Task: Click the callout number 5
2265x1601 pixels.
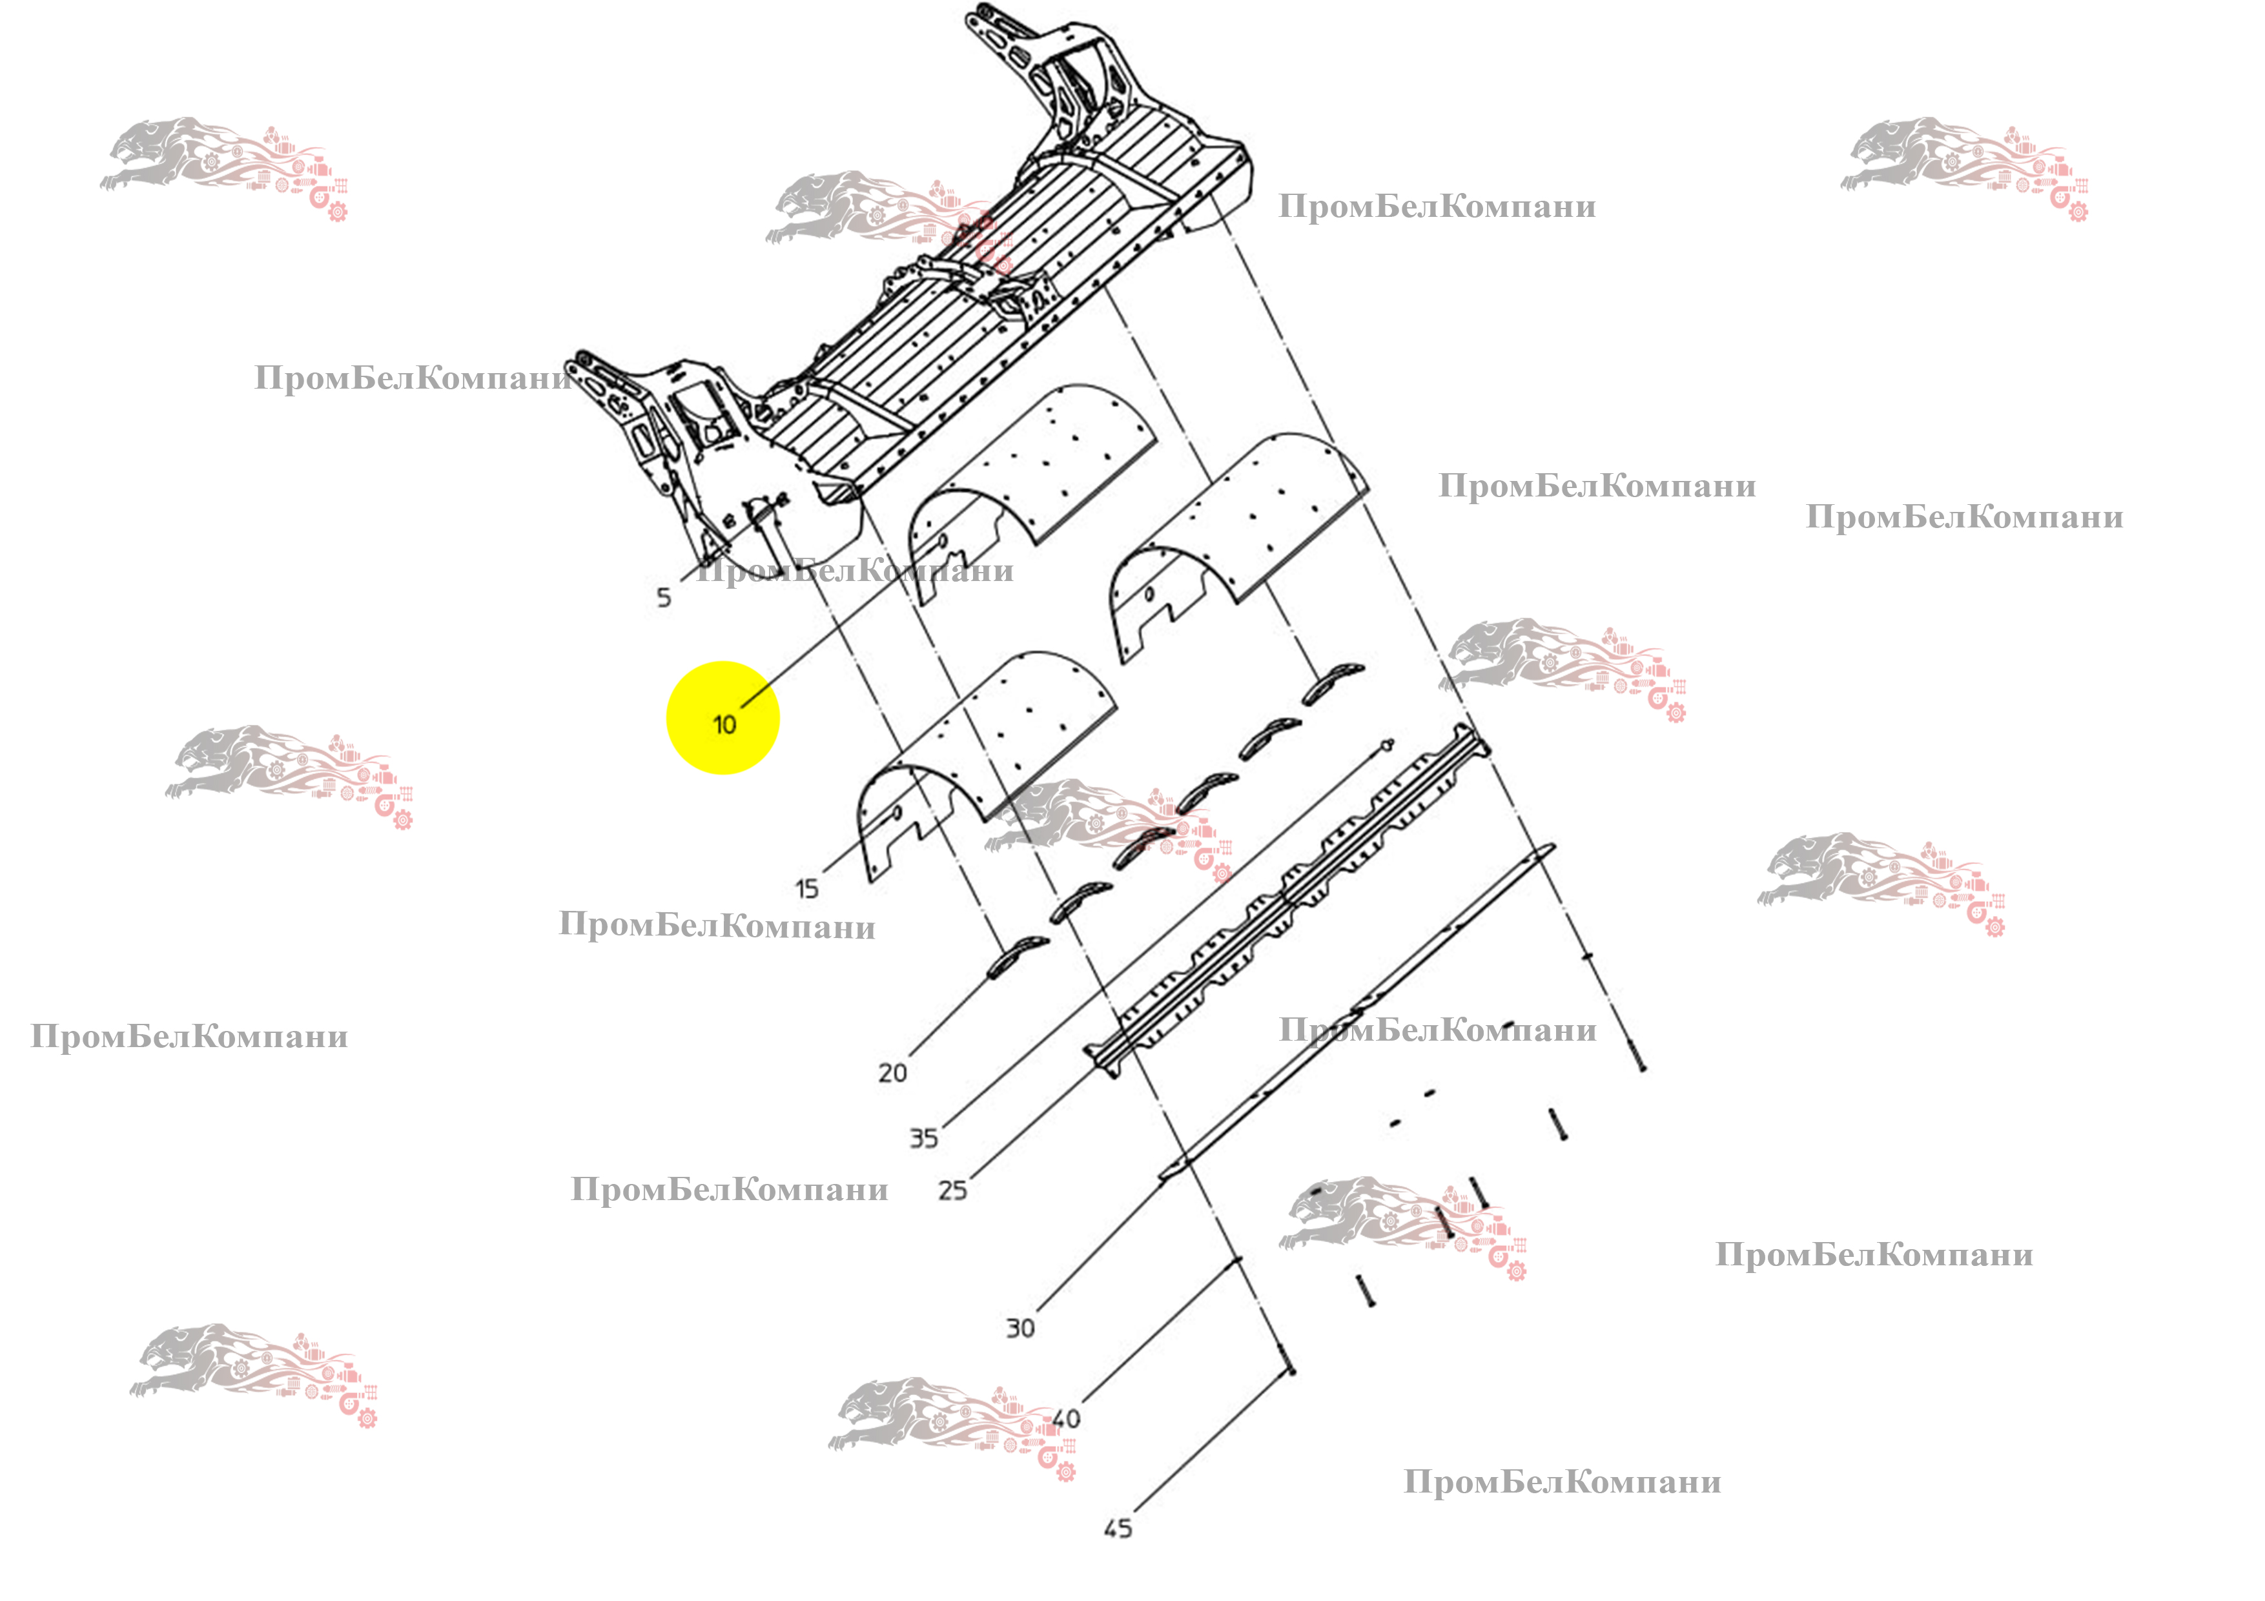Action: (664, 597)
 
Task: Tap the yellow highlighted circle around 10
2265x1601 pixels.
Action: (723, 718)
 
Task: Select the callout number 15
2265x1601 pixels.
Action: (807, 889)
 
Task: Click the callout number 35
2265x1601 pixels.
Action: (923, 1138)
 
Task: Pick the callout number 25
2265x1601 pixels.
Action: (952, 1190)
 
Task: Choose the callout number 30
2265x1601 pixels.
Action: (1020, 1329)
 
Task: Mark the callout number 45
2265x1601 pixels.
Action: (1118, 1529)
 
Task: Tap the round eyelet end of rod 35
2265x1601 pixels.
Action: (1388, 743)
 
